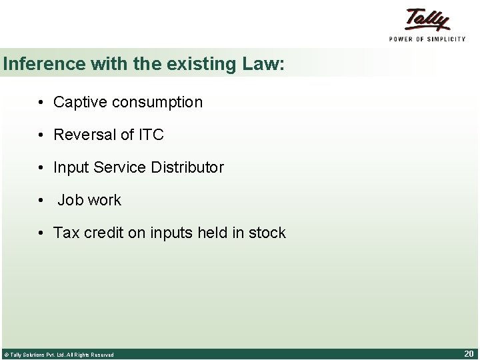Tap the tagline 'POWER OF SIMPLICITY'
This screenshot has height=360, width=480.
point(427,39)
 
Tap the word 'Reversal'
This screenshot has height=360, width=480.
point(84,135)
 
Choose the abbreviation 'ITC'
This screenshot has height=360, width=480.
point(151,135)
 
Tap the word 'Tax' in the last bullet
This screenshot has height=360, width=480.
point(66,233)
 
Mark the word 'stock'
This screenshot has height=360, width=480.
point(267,233)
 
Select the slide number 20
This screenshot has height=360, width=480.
point(468,353)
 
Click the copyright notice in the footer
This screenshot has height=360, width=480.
point(59,355)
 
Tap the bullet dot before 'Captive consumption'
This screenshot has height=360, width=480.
point(41,103)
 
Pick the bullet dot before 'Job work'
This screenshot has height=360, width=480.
point(41,201)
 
